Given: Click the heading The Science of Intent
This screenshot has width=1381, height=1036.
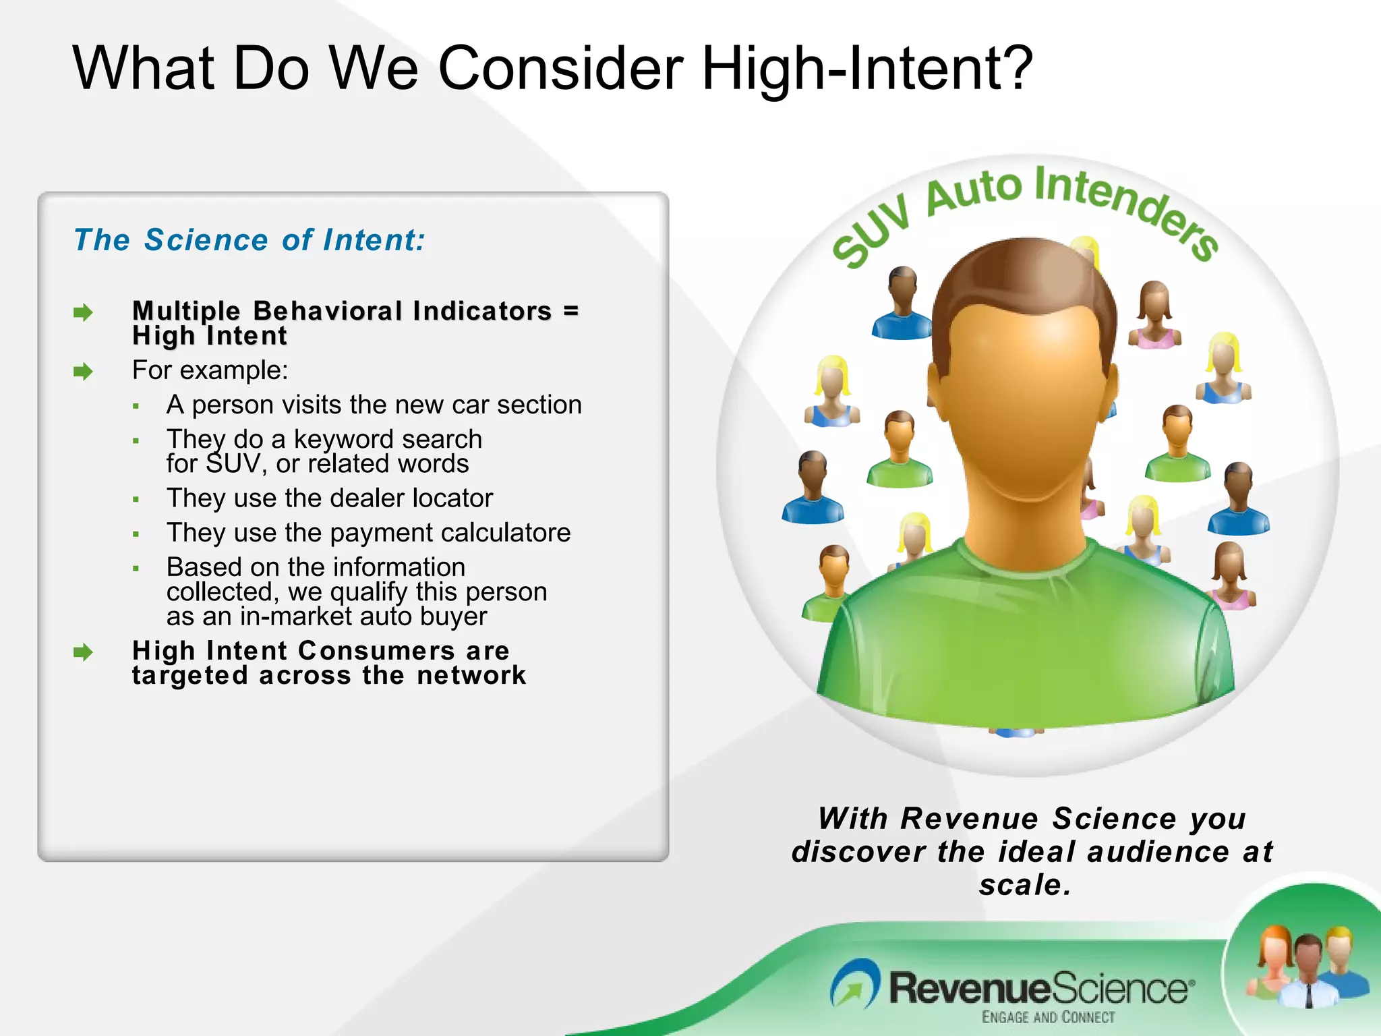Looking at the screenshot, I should pyautogui.click(x=249, y=240).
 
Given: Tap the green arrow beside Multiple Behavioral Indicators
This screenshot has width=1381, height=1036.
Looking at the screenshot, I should pyautogui.click(x=82, y=312).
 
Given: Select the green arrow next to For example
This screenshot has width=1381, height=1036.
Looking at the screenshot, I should pyautogui.click(x=82, y=371).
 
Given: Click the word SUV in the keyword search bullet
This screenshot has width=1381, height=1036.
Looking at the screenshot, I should pyautogui.click(x=233, y=464).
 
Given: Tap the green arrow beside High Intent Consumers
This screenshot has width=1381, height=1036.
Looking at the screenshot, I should pyautogui.click(x=82, y=652).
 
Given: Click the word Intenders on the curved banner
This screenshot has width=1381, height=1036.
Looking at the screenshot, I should pyautogui.click(x=1126, y=206).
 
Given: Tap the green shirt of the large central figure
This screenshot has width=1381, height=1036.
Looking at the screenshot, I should pyautogui.click(x=1025, y=641).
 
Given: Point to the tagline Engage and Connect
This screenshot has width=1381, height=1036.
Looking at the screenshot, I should pyautogui.click(x=1048, y=1017).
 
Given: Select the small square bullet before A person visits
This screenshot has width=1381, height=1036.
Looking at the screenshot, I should pyautogui.click(x=136, y=406).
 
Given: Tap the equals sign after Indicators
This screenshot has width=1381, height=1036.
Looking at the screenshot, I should pyautogui.click(x=570, y=311).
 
